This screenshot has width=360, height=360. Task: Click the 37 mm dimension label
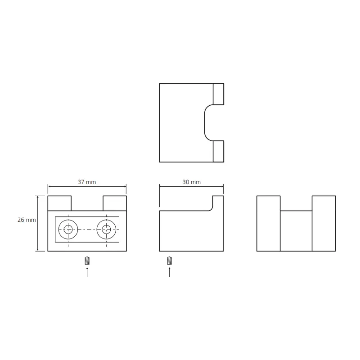pos(87,182)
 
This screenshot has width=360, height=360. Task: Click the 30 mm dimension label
pos(192,182)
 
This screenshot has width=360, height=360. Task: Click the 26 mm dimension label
pos(27,220)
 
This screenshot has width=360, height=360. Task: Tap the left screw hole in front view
pos(68,229)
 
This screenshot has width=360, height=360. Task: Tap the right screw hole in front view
pos(106,229)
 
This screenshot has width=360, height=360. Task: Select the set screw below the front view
pos(87,261)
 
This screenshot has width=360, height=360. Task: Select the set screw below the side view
pos(170,261)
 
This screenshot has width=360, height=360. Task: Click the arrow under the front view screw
pos(87,272)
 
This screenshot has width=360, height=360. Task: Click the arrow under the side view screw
pos(170,272)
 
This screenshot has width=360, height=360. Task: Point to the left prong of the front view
pos(59,203)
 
